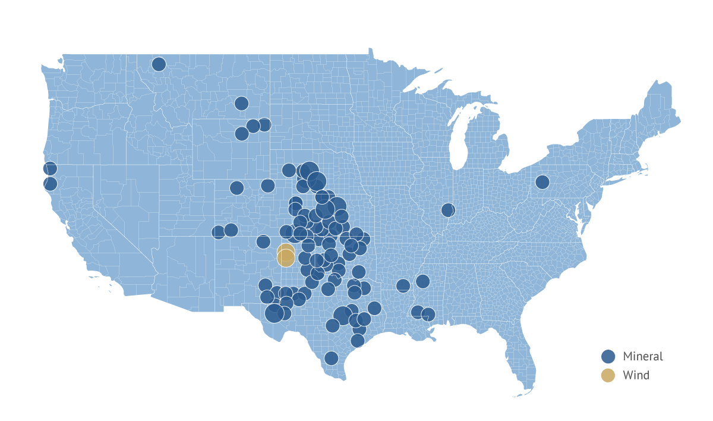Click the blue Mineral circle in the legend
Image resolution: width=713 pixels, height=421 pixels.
(x=608, y=356)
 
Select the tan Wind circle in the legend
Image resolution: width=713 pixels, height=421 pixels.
(x=608, y=375)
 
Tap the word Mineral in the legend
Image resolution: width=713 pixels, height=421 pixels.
(x=642, y=356)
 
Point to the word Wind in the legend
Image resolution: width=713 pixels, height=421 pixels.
(x=636, y=375)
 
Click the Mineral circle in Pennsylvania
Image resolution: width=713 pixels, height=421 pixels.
(x=542, y=181)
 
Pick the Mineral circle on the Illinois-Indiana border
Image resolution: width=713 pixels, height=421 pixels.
(x=448, y=210)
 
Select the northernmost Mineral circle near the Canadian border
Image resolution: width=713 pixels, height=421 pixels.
(x=159, y=64)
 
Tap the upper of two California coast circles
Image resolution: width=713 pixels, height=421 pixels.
(x=50, y=168)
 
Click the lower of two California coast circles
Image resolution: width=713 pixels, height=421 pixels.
(x=50, y=183)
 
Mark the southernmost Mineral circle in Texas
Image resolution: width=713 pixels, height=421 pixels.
(x=331, y=358)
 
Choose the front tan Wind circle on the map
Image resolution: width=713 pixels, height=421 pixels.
(x=286, y=258)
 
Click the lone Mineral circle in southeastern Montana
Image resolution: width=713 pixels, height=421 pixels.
(x=241, y=103)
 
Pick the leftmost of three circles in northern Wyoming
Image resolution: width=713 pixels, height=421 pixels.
(x=242, y=134)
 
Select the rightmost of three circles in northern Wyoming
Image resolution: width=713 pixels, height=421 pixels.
(x=264, y=125)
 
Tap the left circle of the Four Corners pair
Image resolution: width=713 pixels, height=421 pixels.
(x=219, y=232)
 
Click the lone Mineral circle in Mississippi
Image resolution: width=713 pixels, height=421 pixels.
(x=422, y=281)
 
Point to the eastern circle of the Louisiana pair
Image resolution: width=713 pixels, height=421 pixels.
(x=428, y=314)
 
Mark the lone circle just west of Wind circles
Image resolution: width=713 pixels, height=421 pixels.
(x=263, y=241)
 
